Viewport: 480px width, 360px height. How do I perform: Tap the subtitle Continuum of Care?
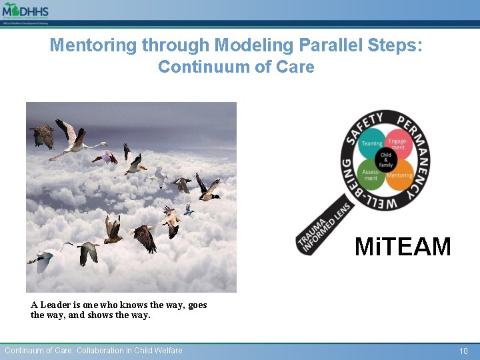coord(236,67)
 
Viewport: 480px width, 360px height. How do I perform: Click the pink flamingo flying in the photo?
coord(75,138)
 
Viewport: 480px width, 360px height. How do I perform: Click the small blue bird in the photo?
coord(189,210)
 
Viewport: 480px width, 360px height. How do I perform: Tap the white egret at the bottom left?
coord(48,255)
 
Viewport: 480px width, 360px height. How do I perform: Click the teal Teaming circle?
coord(372,143)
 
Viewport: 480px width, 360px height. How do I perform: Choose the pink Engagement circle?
coord(398,143)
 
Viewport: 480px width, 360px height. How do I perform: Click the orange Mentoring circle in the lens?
coord(399,175)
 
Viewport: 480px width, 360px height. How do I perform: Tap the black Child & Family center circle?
coord(385,159)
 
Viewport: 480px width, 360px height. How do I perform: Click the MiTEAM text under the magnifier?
coord(403,247)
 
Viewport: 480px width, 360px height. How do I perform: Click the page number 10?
coord(464,351)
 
